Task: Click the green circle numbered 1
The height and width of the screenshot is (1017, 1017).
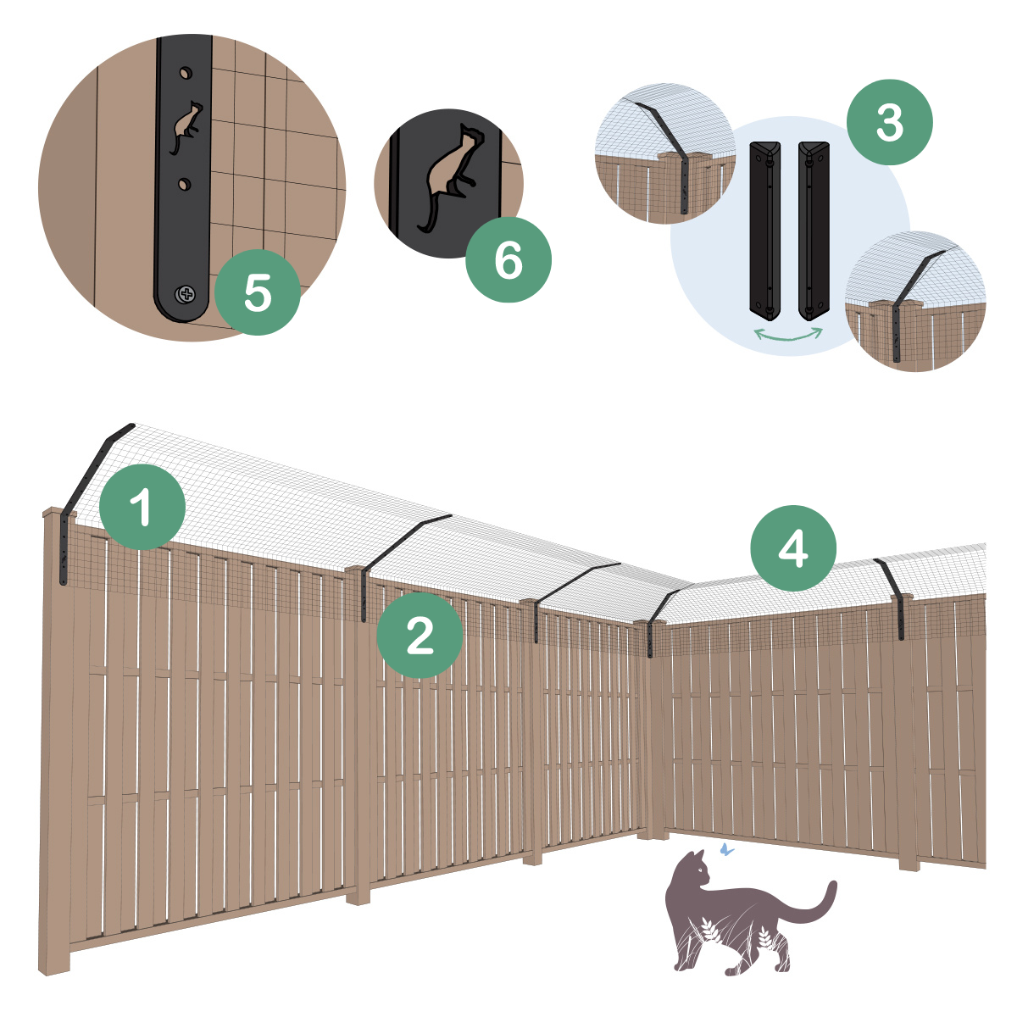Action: point(142,507)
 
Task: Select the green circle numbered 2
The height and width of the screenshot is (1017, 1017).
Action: point(420,635)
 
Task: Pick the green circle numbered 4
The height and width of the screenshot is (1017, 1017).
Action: point(793,549)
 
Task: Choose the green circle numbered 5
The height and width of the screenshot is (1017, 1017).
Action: point(258,292)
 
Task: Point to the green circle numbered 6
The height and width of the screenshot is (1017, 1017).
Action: point(508,259)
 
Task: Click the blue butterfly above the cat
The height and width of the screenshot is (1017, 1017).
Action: point(724,847)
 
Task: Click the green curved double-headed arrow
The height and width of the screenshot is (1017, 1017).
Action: point(789,336)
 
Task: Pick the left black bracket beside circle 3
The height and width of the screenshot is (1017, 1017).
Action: point(766,227)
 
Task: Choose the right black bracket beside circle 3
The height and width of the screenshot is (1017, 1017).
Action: point(814,227)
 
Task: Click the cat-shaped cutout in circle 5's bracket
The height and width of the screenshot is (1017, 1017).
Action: point(186,126)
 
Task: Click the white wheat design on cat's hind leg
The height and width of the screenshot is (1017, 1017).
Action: point(768,940)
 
